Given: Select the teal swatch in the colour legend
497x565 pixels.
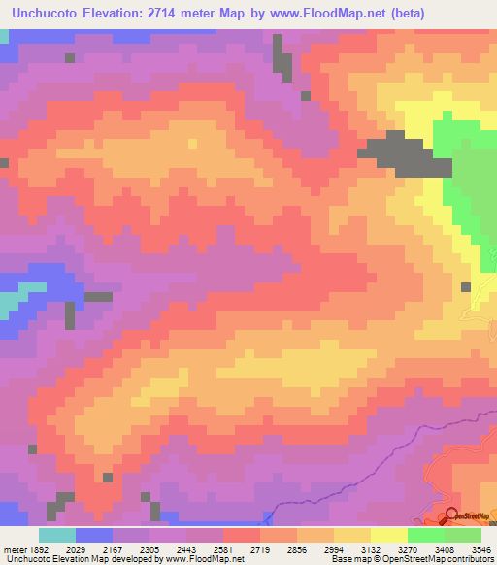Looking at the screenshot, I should click(x=56, y=535).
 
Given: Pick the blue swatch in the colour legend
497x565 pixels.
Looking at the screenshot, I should click(x=93, y=535).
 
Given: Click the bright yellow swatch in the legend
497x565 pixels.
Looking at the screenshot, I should click(x=388, y=535).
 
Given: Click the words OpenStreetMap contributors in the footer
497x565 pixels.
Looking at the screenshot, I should click(x=447, y=559).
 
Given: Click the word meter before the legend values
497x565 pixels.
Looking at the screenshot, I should click(x=14, y=548).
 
